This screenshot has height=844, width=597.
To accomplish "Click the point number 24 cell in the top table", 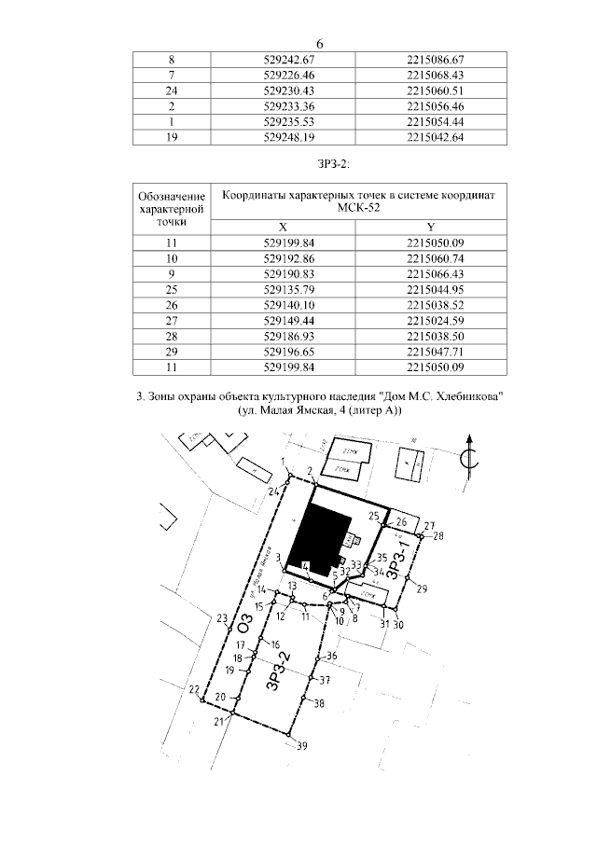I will point(172,90).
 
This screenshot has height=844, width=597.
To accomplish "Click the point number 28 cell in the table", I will point(172,337).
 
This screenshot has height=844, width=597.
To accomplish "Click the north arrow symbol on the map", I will point(474,456).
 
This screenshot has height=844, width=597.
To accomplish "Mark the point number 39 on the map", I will point(301,744).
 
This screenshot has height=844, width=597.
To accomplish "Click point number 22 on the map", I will point(193,690).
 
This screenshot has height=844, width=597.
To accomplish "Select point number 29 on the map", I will point(422,588).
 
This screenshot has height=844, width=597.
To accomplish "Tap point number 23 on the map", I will point(221,618).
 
